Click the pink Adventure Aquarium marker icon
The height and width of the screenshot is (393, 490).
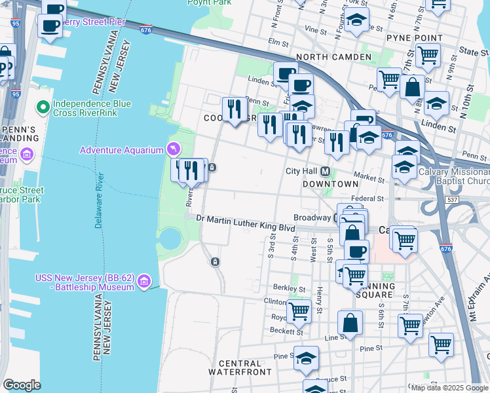173,150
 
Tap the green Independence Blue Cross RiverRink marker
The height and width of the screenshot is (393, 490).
44,106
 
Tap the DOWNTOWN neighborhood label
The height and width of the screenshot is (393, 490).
330,184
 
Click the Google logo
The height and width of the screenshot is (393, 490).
22,385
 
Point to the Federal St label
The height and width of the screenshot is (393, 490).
367,198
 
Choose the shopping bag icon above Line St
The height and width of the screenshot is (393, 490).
350,322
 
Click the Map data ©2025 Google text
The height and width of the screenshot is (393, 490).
449,388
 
